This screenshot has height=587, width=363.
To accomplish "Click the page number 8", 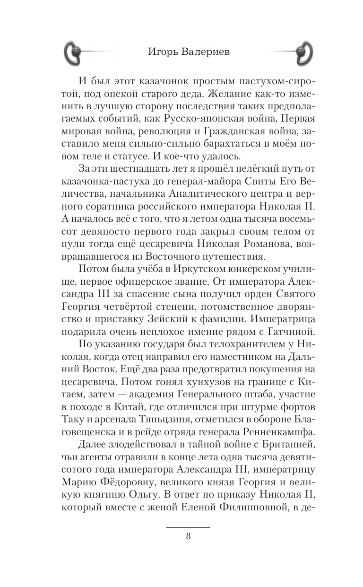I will click(188, 536).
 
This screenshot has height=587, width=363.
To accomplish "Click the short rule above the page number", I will click(188, 527).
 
